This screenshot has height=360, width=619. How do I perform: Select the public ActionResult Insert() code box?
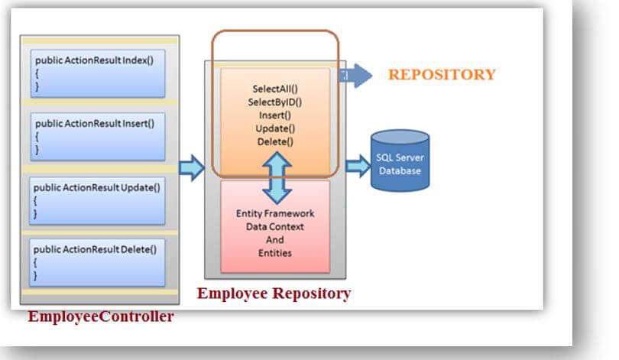(x=99, y=135)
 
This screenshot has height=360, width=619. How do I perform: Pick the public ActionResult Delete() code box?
(x=99, y=261)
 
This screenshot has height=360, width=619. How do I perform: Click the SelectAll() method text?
(x=274, y=89)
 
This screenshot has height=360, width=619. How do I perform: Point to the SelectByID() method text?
(x=274, y=102)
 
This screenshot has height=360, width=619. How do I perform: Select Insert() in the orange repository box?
(x=274, y=115)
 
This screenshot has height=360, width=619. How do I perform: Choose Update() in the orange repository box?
(x=274, y=128)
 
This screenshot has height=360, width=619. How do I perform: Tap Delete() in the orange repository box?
(x=274, y=141)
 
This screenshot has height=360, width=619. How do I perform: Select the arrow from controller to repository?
(x=192, y=167)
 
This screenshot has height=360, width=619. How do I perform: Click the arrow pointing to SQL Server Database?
(x=357, y=165)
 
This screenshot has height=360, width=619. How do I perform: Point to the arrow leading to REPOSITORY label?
(x=358, y=75)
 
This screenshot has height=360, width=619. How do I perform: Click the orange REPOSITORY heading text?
(x=442, y=74)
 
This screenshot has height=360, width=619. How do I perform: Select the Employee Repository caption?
(x=274, y=294)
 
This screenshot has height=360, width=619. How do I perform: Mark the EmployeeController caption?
(x=101, y=316)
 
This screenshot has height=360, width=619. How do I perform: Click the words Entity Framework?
(x=275, y=213)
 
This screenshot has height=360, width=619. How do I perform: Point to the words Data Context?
(x=275, y=226)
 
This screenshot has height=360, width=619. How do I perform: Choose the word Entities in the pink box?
(x=275, y=252)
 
